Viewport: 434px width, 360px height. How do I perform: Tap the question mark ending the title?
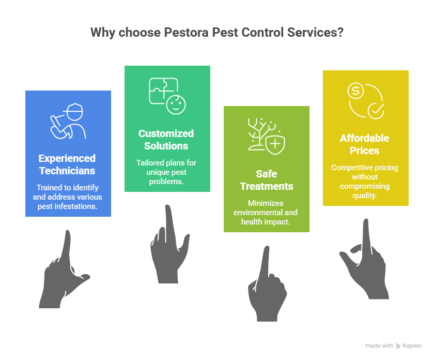tap(340, 33)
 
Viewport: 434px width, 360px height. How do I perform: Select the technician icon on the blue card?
tap(68, 121)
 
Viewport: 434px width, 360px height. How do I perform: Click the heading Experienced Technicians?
tap(67, 164)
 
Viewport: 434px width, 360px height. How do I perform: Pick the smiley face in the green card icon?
tap(176, 104)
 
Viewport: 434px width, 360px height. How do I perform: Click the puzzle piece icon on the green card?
tap(163, 91)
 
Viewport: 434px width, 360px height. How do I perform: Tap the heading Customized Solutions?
tap(166, 140)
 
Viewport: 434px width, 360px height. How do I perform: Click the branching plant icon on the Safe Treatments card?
tap(261, 134)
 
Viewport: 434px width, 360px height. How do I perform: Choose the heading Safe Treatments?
tap(267, 180)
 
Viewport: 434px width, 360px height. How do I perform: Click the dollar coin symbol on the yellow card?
tap(355, 91)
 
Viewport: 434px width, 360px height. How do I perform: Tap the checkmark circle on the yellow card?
tap(376, 111)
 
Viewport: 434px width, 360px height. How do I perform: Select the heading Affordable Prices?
tap(365, 144)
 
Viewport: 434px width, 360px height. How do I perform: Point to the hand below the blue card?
tap(65, 269)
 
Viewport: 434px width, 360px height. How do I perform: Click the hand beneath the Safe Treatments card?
tap(267, 284)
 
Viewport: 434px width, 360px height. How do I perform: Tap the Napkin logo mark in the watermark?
tap(398, 346)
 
